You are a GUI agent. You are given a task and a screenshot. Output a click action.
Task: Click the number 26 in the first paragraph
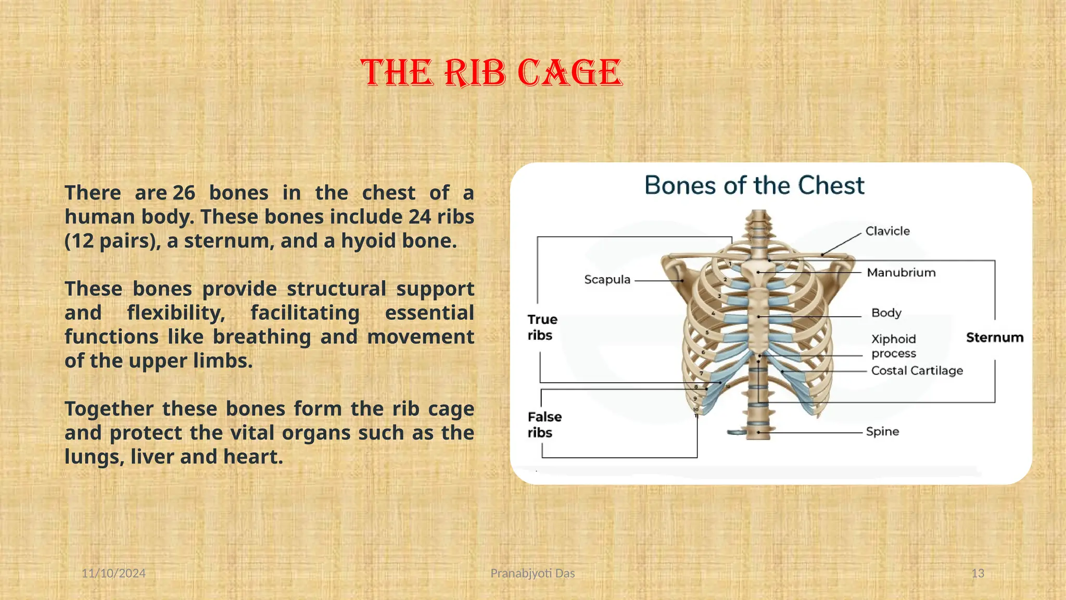[184, 193]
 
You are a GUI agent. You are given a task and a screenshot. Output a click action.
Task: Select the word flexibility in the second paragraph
[176, 313]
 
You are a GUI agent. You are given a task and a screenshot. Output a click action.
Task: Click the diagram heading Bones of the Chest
[754, 185]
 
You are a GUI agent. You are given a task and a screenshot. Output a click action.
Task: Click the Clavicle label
[887, 231]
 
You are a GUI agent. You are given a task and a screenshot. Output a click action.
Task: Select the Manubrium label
[901, 272]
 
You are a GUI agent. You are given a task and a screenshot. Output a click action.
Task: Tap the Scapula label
[607, 280]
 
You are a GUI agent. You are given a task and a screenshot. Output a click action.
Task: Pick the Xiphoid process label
[894, 346]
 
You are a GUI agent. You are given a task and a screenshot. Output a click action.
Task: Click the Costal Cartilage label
[917, 371]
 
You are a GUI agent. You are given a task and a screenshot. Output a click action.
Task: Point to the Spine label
[882, 432]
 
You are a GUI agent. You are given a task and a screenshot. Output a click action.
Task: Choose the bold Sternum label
[994, 337]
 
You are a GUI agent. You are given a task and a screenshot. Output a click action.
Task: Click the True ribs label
[542, 327]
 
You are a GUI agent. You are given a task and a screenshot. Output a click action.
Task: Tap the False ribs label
[544, 424]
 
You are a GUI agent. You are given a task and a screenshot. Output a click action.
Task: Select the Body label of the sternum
[886, 313]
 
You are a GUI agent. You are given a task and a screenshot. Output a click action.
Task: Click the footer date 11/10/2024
[113, 573]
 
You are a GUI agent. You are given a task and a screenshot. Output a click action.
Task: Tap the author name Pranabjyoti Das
[532, 573]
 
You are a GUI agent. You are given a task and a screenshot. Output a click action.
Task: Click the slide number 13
[978, 573]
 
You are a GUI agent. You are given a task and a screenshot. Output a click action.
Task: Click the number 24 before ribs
[420, 217]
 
